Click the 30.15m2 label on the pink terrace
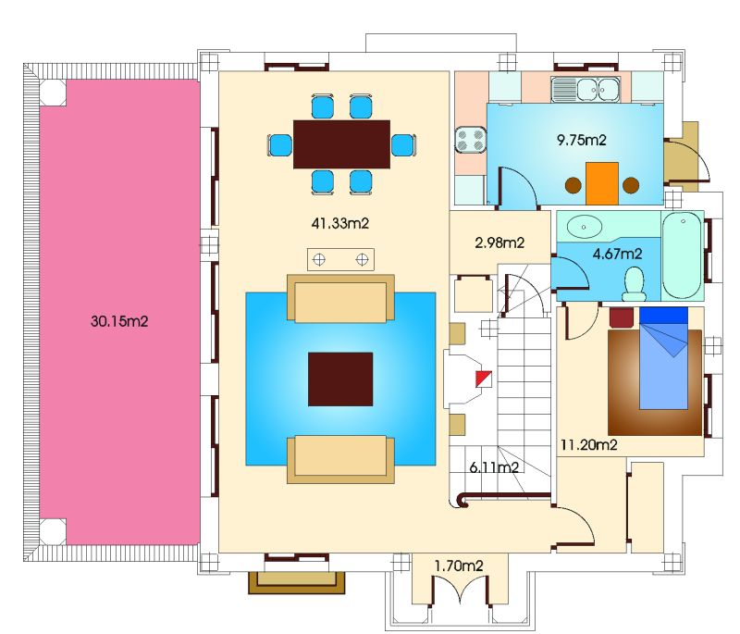click(x=119, y=321)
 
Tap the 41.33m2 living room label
click(x=339, y=223)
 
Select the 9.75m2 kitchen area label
click(x=582, y=140)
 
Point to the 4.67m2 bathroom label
click(x=617, y=254)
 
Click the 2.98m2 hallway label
click(x=499, y=242)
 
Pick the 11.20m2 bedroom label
click(x=588, y=444)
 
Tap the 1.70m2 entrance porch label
click(x=459, y=566)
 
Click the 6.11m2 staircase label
click(x=494, y=467)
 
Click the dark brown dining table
click(x=341, y=144)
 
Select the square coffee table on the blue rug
click(x=340, y=379)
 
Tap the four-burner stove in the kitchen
click(x=471, y=140)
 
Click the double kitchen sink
click(x=586, y=89)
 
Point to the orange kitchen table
click(x=602, y=183)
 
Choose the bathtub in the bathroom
click(x=683, y=255)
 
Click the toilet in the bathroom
click(x=634, y=285)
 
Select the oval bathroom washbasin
click(x=585, y=227)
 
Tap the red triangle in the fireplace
click(x=483, y=379)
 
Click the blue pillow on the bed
click(x=663, y=316)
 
